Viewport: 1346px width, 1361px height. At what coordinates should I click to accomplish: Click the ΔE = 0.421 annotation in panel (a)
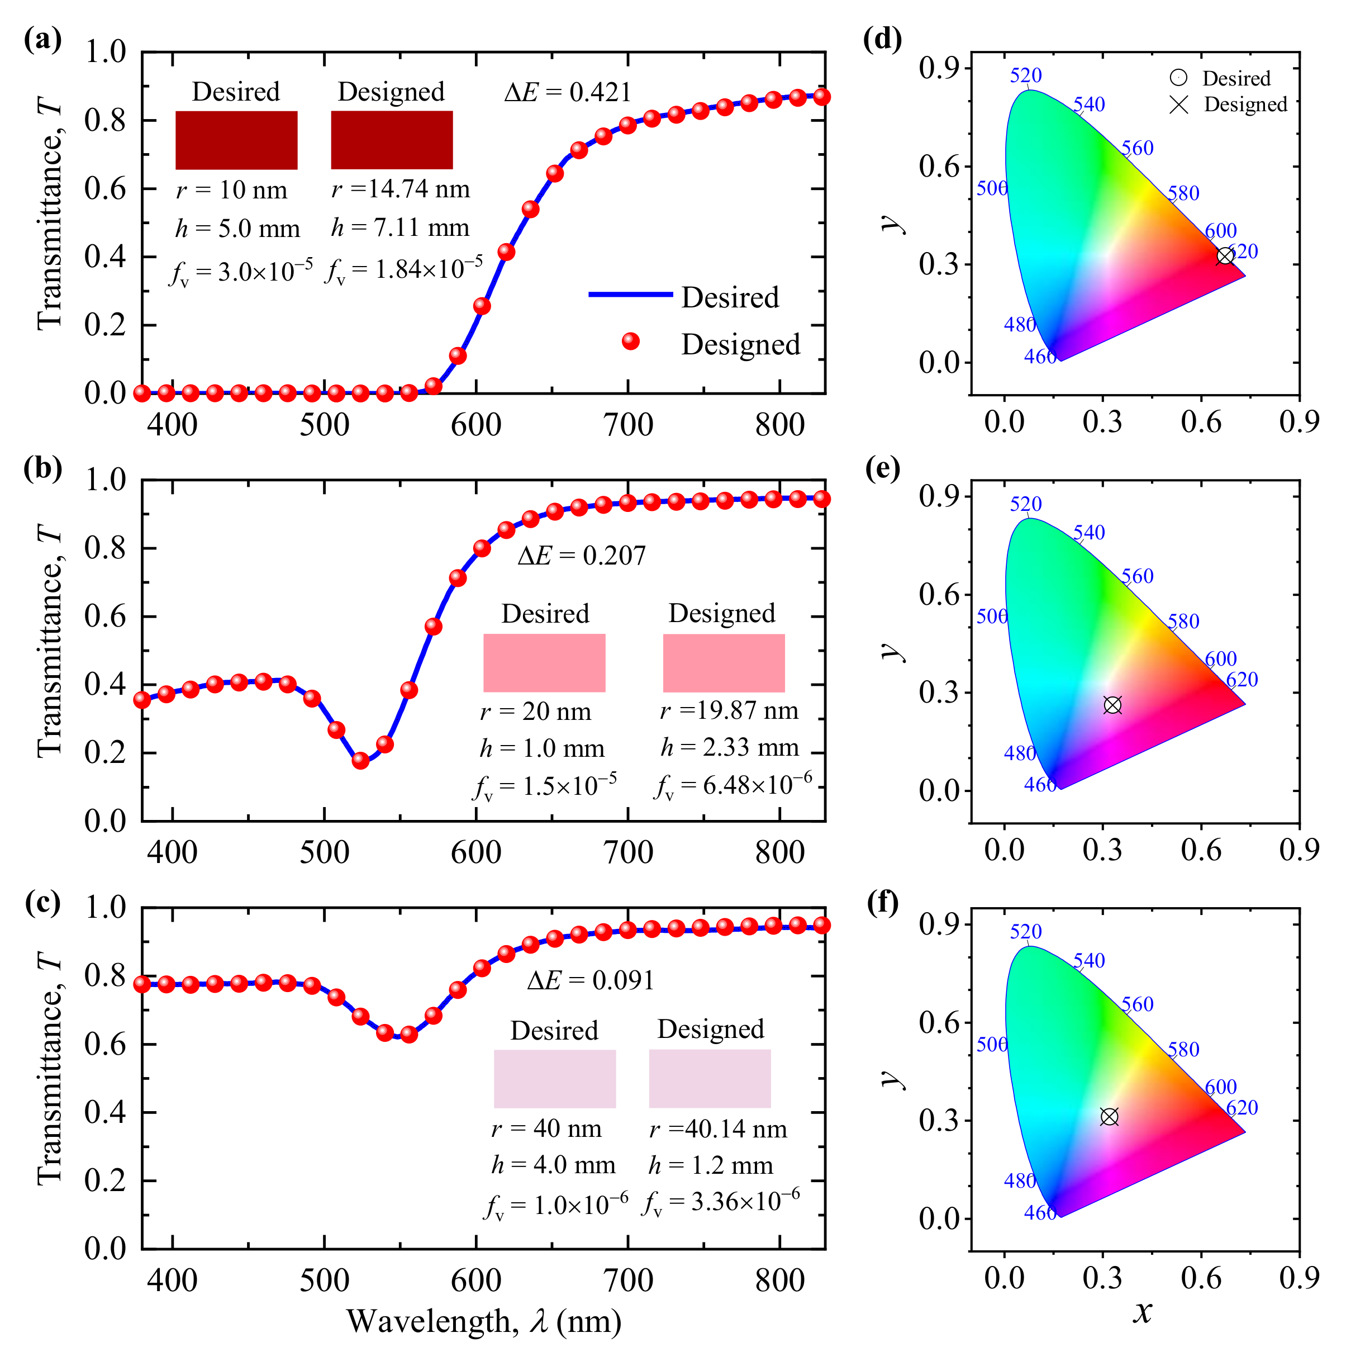point(567,92)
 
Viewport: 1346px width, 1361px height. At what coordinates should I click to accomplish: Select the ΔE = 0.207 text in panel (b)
point(581,556)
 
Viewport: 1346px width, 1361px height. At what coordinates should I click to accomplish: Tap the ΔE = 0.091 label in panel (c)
point(590,980)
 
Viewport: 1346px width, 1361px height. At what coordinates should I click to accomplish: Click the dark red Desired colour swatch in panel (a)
point(236,140)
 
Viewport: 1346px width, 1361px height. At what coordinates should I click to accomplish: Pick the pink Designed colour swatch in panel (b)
point(724,662)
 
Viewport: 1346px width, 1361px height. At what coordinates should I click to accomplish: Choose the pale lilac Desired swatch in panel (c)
point(554,1079)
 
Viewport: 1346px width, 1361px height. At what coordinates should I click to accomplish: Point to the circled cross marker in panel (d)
point(1225,256)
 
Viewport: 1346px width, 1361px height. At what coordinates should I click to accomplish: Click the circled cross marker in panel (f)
point(1109,1117)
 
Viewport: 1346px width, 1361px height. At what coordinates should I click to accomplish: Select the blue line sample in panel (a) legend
point(630,295)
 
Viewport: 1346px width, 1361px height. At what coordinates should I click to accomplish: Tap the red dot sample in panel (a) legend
point(630,342)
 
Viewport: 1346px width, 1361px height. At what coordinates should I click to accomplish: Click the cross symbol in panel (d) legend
point(1178,105)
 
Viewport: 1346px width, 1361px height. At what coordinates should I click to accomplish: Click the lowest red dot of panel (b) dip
point(360,760)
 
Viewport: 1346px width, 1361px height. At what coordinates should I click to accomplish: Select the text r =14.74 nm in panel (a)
point(400,189)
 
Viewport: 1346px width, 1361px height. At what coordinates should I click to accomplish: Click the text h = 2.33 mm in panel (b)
point(730,747)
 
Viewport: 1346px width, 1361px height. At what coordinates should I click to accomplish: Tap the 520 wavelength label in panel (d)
point(1025,75)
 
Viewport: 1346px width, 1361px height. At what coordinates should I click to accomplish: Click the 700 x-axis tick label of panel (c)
point(628,1280)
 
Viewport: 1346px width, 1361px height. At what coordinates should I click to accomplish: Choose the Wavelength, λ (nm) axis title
point(484,1321)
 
